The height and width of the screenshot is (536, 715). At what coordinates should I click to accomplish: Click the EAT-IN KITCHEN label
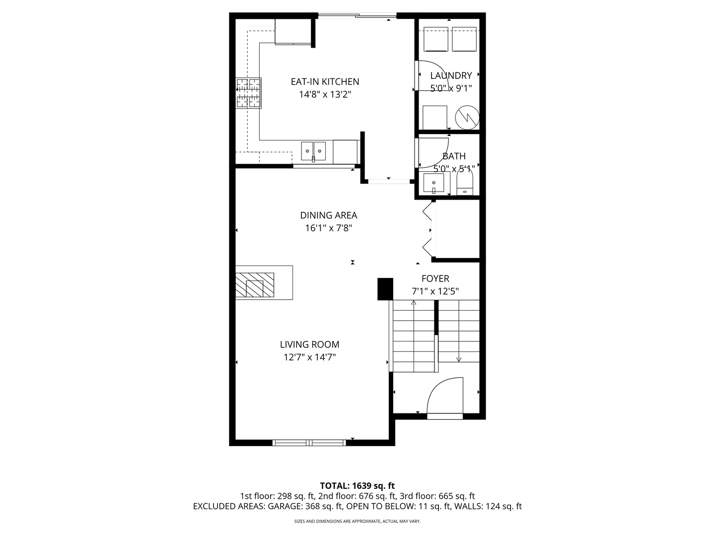[325, 82]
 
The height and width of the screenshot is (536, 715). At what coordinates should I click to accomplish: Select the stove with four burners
[248, 93]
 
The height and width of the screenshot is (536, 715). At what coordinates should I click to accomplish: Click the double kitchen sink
[313, 150]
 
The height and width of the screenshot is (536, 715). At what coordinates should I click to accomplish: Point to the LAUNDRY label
[451, 76]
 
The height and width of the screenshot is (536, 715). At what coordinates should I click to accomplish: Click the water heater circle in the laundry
[467, 117]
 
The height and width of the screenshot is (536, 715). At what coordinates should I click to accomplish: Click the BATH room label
[454, 156]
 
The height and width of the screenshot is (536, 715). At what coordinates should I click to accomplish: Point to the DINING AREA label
[328, 215]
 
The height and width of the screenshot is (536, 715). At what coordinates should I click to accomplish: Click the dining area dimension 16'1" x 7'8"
[328, 228]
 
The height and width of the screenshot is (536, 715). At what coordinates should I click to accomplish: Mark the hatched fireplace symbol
[255, 285]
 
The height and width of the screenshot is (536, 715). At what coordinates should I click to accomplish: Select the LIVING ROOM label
[309, 344]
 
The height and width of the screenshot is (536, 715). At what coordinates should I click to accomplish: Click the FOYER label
[435, 279]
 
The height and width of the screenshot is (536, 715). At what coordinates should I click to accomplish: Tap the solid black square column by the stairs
[385, 289]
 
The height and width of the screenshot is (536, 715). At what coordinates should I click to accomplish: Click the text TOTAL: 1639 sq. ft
[357, 486]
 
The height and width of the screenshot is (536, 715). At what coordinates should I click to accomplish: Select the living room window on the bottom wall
[309, 442]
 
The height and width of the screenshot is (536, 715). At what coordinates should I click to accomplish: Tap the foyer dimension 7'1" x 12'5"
[435, 291]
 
